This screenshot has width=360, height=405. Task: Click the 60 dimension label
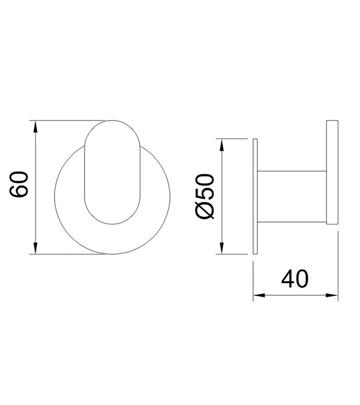click(x=19, y=184)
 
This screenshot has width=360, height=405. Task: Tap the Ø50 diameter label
click(x=206, y=197)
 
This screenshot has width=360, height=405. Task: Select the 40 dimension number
click(x=295, y=279)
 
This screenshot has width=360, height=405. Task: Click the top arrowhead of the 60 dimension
click(x=35, y=127)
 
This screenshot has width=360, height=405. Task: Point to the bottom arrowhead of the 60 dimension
click(x=35, y=247)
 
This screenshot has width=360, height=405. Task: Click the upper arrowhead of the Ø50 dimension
click(x=221, y=145)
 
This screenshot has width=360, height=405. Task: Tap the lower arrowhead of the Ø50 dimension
click(x=221, y=247)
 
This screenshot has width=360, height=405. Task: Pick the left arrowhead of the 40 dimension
click(x=260, y=295)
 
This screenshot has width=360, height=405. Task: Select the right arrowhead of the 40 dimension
click(x=331, y=295)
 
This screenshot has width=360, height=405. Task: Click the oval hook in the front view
click(x=112, y=172)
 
